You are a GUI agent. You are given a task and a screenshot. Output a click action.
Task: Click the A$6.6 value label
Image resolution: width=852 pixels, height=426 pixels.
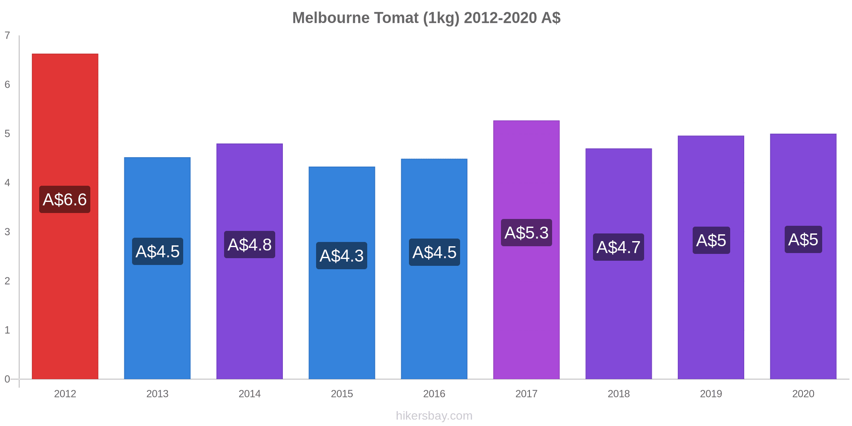tap(65, 199)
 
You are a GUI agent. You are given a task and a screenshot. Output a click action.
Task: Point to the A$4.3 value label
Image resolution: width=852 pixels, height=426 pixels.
tap(342, 256)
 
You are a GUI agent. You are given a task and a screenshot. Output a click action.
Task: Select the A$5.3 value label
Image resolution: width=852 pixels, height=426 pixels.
tap(526, 233)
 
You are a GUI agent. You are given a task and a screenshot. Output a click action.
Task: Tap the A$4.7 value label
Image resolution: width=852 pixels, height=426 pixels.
tap(618, 247)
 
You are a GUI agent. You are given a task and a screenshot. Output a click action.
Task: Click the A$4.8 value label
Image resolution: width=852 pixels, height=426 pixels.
tap(249, 245)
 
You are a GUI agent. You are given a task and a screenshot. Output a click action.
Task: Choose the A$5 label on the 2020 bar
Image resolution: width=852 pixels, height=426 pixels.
tap(803, 239)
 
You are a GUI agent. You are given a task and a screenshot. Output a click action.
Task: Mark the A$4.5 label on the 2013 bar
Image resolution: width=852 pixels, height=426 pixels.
tap(157, 251)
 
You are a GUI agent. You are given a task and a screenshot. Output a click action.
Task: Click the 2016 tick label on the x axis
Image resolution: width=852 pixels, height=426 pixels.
tap(434, 394)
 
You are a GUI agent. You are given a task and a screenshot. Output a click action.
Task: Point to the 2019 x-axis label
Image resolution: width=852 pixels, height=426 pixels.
tap(711, 394)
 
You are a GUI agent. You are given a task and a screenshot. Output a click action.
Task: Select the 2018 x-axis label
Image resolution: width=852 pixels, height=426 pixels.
tap(619, 394)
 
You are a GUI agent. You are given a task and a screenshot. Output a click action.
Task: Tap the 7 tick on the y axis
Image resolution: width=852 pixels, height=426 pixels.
tap(7, 35)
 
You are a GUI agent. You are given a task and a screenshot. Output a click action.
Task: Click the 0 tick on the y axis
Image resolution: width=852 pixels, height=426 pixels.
tap(7, 379)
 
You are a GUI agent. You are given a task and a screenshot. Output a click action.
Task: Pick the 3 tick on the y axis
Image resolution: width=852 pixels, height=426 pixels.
tap(7, 232)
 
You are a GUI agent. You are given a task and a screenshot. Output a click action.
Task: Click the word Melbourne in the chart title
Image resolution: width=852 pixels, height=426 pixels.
tap(331, 18)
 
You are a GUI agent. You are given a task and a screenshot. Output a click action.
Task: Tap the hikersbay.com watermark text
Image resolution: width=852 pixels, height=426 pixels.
tap(434, 416)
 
